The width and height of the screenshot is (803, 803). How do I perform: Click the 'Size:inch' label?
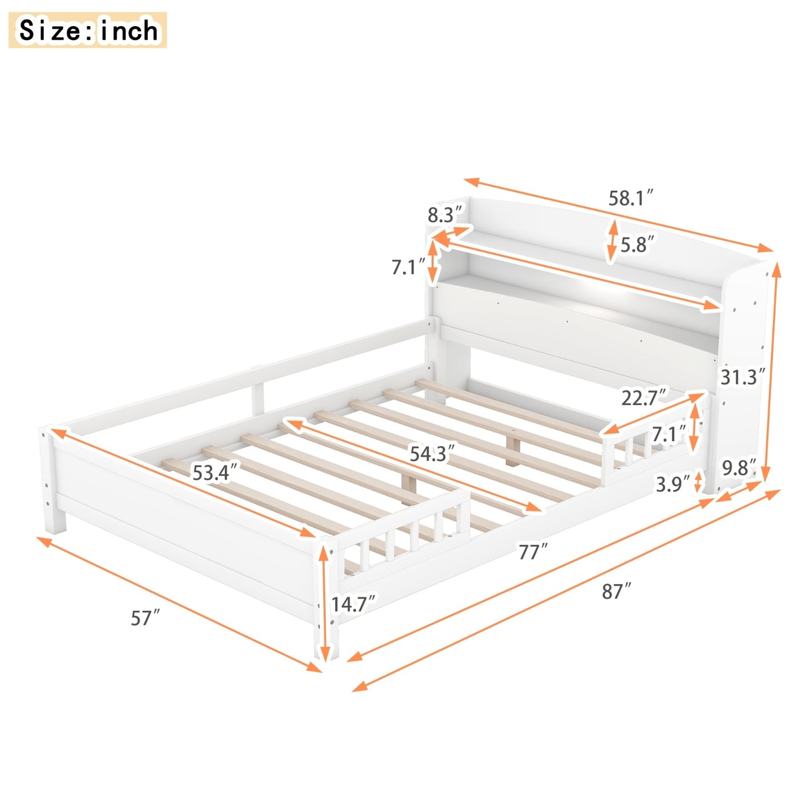[88, 30]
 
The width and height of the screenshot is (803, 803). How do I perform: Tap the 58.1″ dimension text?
[630, 197]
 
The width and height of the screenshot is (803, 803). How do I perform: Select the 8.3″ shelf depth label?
[445, 215]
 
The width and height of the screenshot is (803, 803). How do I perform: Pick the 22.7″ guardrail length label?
[644, 397]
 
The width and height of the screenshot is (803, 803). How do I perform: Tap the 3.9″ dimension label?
[672, 484]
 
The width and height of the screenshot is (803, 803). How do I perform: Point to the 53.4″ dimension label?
[215, 472]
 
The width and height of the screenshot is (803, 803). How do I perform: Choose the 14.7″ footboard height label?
[353, 604]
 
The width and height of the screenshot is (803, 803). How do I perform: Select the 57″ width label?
[146, 617]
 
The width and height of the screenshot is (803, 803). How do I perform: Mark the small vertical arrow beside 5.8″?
[612, 241]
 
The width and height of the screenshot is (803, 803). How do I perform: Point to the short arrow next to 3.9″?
[699, 482]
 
